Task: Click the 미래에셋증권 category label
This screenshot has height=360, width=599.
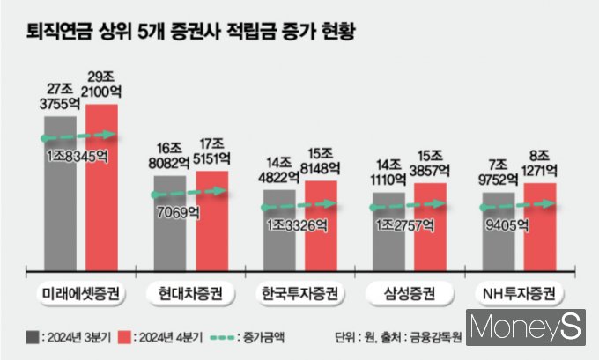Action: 81,291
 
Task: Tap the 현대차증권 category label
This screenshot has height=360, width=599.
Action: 190,291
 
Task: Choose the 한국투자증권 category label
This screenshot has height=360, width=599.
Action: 299,291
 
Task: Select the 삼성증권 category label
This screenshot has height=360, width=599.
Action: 410,291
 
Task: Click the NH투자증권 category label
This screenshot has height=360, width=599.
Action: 519,291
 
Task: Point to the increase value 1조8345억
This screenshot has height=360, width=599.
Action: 78,155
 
